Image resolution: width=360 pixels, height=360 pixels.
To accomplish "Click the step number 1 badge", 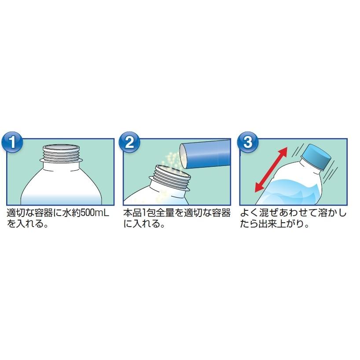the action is (12, 142).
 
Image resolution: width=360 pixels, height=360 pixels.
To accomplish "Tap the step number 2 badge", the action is (129, 142).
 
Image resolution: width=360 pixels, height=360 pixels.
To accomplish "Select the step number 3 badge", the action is (247, 142).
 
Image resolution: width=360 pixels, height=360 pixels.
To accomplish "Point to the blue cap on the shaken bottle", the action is (316, 156).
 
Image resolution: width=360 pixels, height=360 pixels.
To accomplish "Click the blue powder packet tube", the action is (205, 154).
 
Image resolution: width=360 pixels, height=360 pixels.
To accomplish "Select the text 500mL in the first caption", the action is (96, 213).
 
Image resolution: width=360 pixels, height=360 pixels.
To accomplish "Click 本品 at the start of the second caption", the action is (132, 213).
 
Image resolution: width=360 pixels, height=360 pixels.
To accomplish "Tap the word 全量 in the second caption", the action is (165, 213).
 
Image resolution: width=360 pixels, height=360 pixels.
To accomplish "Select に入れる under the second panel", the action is (144, 224).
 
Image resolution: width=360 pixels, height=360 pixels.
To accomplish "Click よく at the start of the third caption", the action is (250, 213).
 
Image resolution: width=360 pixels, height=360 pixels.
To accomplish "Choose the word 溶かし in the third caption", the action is (332, 213).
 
